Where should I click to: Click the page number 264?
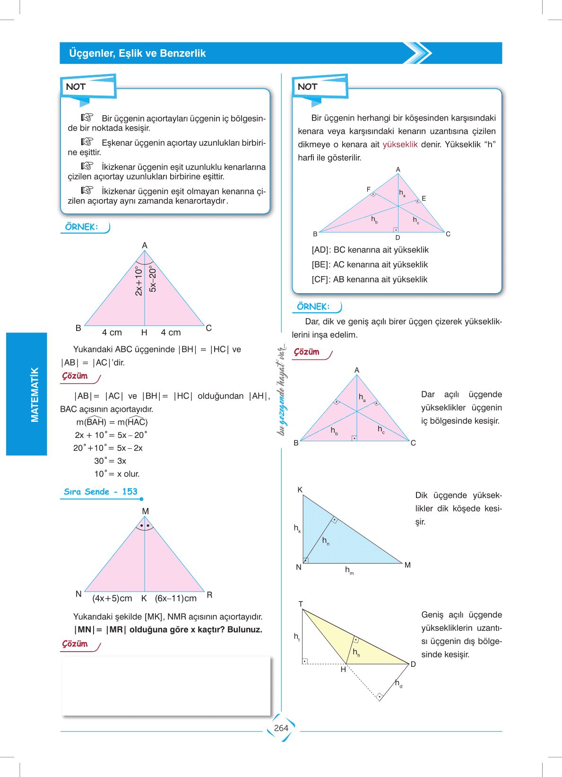pos(281,728)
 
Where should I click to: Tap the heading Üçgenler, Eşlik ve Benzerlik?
pos(137,53)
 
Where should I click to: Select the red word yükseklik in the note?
pos(400,145)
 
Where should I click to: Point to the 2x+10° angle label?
pos(138,281)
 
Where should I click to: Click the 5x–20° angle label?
pos(153,279)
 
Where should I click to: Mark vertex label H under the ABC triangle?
pos(144,333)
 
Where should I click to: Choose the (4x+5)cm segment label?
pos(112,598)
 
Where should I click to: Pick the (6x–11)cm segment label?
pos(176,598)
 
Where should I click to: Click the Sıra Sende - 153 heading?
pos(101,492)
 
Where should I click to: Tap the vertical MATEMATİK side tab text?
pos(35,395)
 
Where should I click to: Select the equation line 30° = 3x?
pos(110,461)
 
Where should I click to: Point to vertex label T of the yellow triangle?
pos(301,604)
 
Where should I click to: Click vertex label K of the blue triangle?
pos(300,490)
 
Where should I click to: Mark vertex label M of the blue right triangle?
pos(407,565)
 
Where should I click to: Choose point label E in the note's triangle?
pos(424,199)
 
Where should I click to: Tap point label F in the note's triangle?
pos(369,190)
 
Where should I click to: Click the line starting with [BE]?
pos(370,265)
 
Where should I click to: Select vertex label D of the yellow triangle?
pos(413,664)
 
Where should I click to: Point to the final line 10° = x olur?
pos(117,474)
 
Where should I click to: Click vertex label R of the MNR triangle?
pos(209,595)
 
